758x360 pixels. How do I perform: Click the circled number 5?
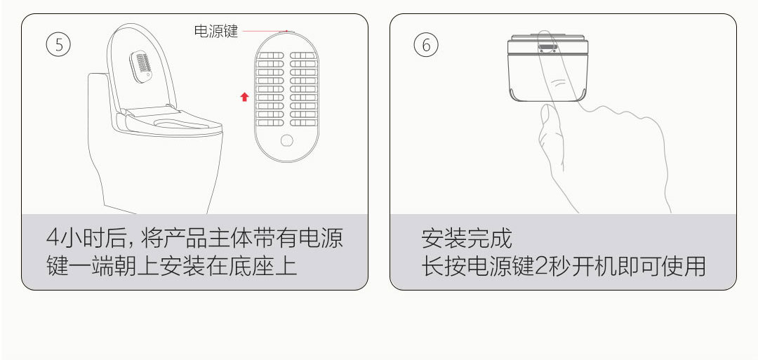58,45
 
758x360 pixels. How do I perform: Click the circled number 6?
426,45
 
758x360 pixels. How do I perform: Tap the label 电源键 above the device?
215,32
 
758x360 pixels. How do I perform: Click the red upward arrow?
245,97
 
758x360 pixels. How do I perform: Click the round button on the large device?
286,140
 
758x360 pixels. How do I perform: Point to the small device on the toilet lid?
142,66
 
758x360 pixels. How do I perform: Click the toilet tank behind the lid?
98,94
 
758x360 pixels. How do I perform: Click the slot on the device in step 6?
547,48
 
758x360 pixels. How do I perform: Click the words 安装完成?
466,238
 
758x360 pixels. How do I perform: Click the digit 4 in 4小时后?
53,238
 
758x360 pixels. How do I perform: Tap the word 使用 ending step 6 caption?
684,267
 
